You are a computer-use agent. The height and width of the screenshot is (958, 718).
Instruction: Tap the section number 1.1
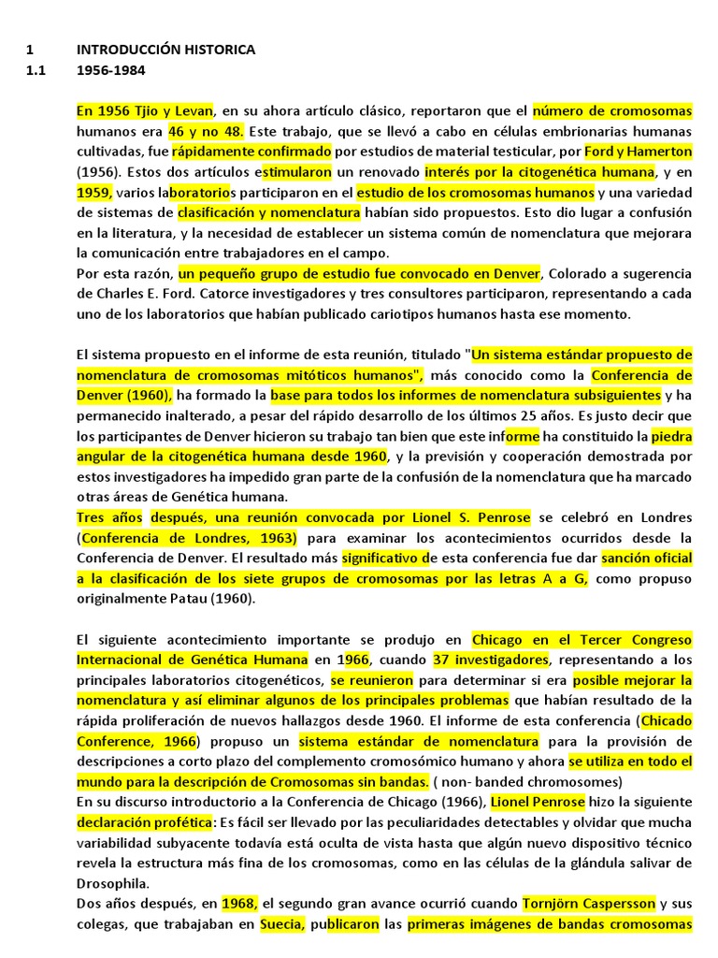pyautogui.click(x=36, y=70)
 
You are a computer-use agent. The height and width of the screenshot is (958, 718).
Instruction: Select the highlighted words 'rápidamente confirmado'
pyautogui.click(x=251, y=152)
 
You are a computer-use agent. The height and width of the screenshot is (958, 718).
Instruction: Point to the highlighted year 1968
pyautogui.click(x=239, y=905)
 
